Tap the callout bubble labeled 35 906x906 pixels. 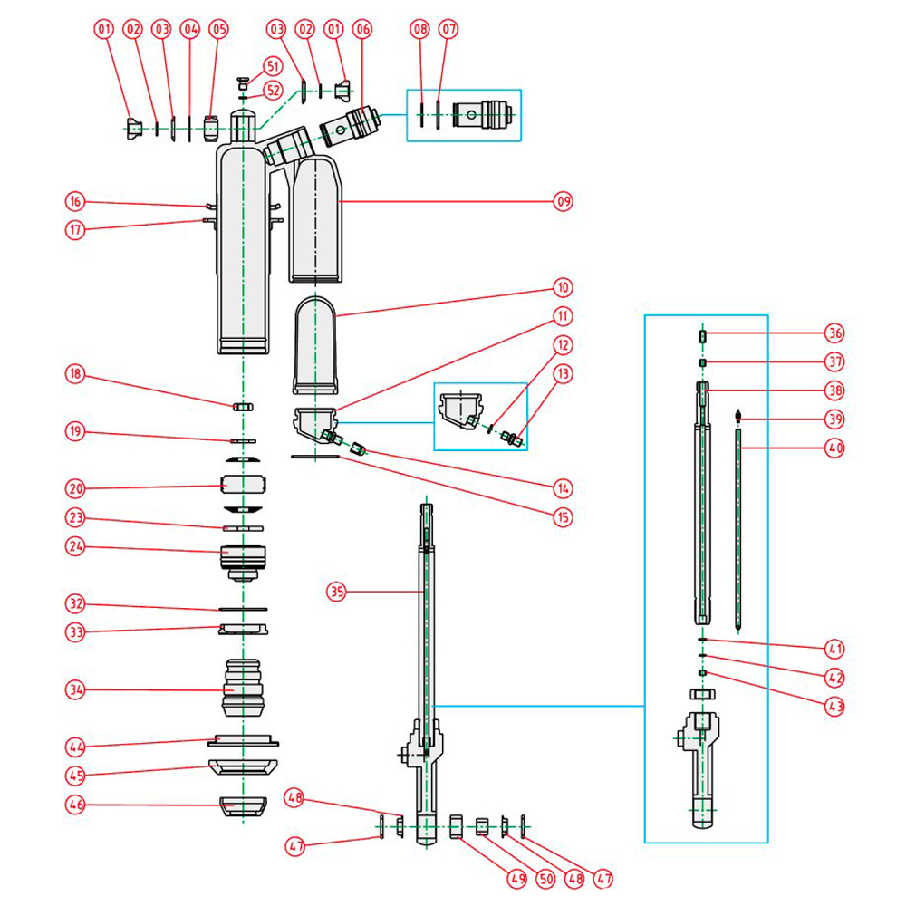pyautogui.click(x=338, y=593)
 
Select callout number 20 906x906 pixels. pyautogui.click(x=75, y=488)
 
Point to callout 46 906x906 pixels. pyautogui.click(x=75, y=804)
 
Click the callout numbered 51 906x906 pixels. pyautogui.click(x=273, y=66)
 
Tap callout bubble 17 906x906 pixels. pyautogui.click(x=75, y=229)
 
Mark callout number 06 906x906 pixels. pyautogui.click(x=362, y=30)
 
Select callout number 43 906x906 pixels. pyautogui.click(x=834, y=704)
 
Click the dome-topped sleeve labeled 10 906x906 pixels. pyautogui.click(x=316, y=344)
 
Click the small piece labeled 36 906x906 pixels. pyautogui.click(x=703, y=336)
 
